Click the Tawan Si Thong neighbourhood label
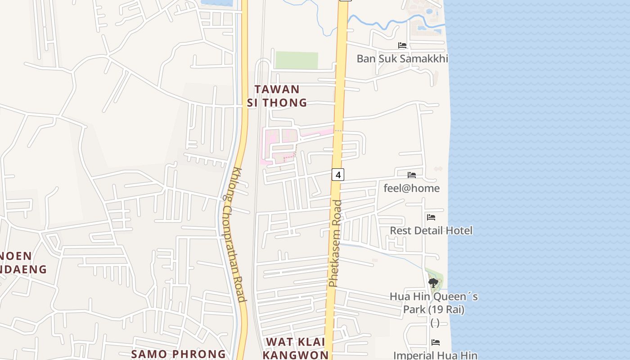(277, 96)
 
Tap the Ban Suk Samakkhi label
(402, 58)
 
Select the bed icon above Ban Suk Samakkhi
(402, 45)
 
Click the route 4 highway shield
(338, 174)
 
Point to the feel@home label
(411, 188)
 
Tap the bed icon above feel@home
(412, 175)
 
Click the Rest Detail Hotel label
(431, 230)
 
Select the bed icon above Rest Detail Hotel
(431, 217)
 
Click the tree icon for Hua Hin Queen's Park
(433, 283)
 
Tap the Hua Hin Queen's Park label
(434, 303)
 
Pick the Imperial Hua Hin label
(435, 355)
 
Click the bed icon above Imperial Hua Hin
(436, 342)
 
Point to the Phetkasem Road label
(335, 243)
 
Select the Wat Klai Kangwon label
(296, 348)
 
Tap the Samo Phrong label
(178, 354)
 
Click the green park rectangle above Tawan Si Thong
(297, 60)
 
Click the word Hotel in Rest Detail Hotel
(459, 230)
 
